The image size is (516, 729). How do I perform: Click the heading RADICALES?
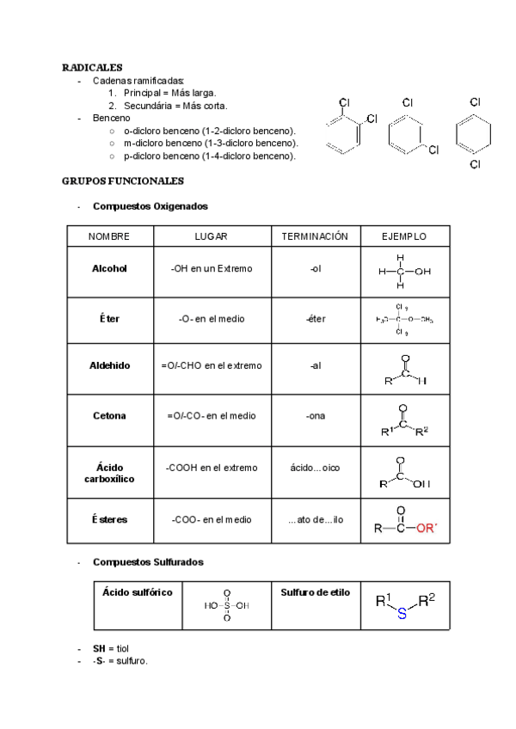pyautogui.click(x=92, y=67)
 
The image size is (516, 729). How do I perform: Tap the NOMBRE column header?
pyautogui.click(x=109, y=236)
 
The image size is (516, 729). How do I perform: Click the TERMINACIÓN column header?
pyautogui.click(x=315, y=236)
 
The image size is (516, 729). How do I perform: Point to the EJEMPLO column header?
pyautogui.click(x=404, y=236)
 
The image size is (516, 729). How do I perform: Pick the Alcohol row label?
pyautogui.click(x=109, y=269)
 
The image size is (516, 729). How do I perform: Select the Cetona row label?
pyautogui.click(x=109, y=416)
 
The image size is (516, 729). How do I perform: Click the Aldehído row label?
pyautogui.click(x=109, y=365)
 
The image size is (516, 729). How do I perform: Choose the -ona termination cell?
pyautogui.click(x=315, y=416)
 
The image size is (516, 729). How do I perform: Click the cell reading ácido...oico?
pyautogui.click(x=315, y=469)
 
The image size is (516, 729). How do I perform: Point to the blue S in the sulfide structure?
pyautogui.click(x=402, y=616)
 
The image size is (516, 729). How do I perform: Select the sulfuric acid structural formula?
pyautogui.click(x=227, y=605)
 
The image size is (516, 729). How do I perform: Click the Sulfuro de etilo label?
pyautogui.click(x=316, y=592)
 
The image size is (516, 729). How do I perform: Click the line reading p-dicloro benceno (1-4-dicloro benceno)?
pyautogui.click(x=210, y=156)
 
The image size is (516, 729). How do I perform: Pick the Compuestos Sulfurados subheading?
pyautogui.click(x=148, y=562)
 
